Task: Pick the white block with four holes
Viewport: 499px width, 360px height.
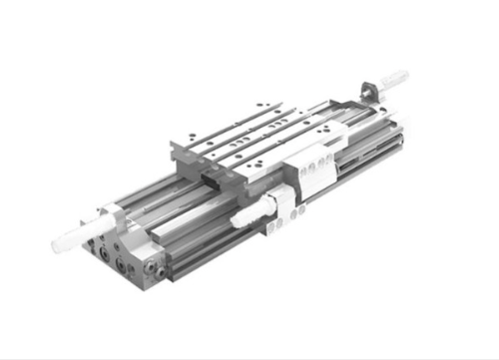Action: click(x=317, y=164)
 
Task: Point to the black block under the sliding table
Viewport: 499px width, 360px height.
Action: click(x=213, y=179)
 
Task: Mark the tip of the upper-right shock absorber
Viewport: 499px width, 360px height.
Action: click(x=405, y=73)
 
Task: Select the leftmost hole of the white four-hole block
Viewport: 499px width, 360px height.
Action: click(x=303, y=170)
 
